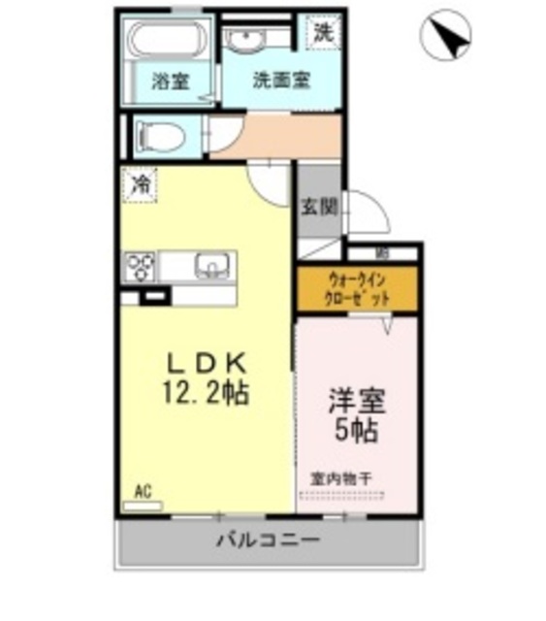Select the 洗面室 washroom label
(280, 82)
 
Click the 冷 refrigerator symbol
(142, 183)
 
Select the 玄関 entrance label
(317, 207)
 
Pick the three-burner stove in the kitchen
(141, 265)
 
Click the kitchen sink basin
(209, 264)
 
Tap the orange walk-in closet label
(357, 288)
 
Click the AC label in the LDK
(144, 493)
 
